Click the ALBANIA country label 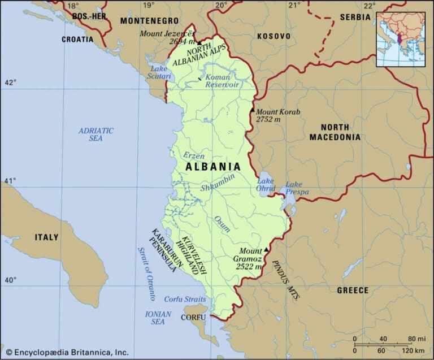click(213, 167)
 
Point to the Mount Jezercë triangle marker click(199, 42)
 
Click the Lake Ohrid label click(266, 185)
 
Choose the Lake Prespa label click(297, 188)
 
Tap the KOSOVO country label click(274, 36)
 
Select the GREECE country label click(353, 290)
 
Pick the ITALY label click(46, 237)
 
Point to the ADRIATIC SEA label click(96, 135)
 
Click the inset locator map click(401, 39)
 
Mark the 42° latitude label click(10, 83)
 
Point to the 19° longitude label click(148, 6)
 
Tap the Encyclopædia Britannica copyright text click(68, 352)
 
